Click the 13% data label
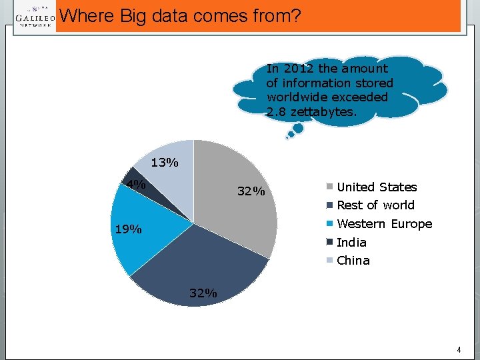click(164, 163)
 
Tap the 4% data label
click(137, 185)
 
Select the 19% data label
click(127, 230)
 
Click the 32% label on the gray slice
click(251, 193)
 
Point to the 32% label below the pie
click(203, 293)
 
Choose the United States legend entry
click(377, 187)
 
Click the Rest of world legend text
click(375, 205)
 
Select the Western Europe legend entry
click(384, 224)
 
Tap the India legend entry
click(351, 243)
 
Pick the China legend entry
click(353, 261)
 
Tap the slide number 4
click(459, 350)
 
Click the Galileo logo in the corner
click(35, 17)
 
